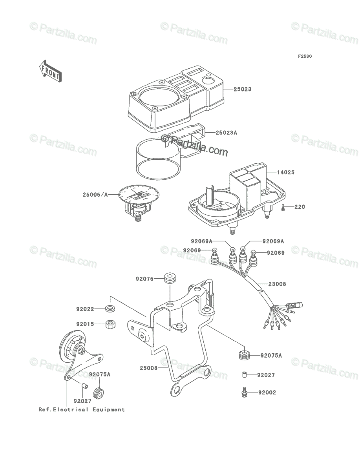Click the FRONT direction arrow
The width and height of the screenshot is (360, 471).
tap(50, 71)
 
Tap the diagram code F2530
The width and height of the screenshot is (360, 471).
tap(305, 57)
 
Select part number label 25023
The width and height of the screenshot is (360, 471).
tap(243, 89)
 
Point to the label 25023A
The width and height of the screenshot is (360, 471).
tap(227, 133)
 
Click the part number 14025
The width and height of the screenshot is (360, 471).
tap(286, 172)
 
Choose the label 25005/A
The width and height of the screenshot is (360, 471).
tap(95, 195)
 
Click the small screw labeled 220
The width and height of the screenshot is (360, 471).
tap(283, 208)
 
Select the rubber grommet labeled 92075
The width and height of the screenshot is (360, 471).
tap(170, 278)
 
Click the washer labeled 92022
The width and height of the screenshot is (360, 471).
tap(110, 309)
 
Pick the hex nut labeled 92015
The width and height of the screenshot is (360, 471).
tap(110, 324)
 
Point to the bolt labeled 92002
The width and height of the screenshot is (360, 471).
tap(243, 392)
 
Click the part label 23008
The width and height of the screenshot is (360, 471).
tap(277, 284)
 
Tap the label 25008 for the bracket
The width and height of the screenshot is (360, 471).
tap(149, 368)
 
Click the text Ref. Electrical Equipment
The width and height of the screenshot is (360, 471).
tap(82, 410)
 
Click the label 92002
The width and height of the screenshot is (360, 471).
tap(267, 392)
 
